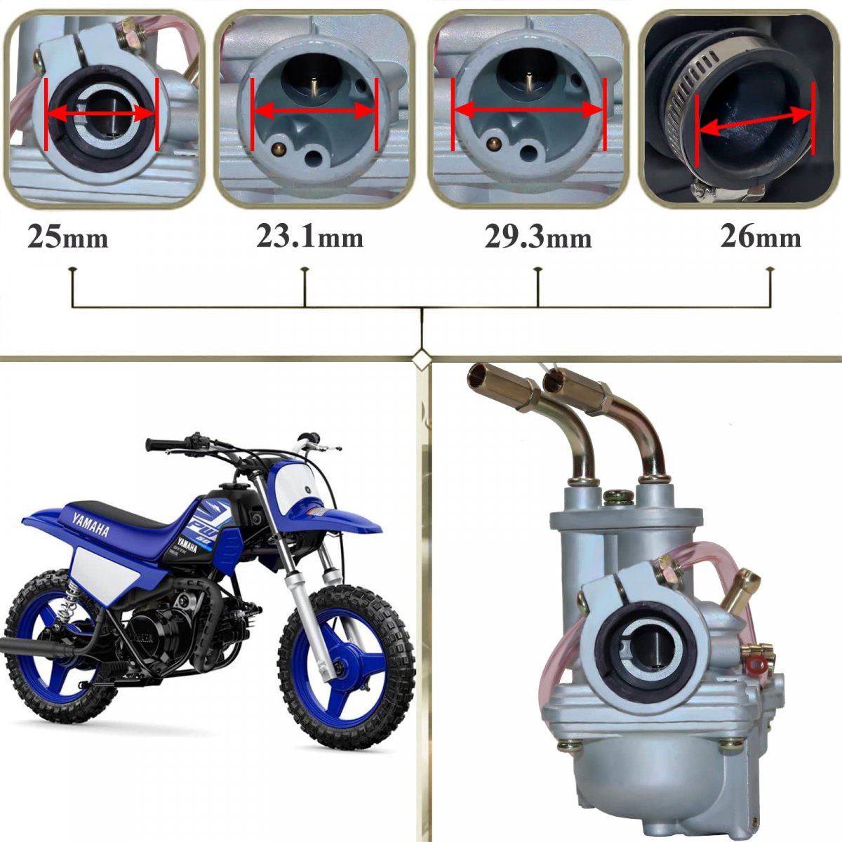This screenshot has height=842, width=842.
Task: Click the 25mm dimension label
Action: [x=68, y=238]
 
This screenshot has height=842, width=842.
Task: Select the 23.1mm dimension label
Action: [x=310, y=237]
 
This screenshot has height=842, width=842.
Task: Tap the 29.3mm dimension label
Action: [x=538, y=238]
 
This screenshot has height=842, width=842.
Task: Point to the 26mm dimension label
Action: [x=761, y=237]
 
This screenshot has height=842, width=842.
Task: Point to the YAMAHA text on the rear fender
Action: [x=91, y=524]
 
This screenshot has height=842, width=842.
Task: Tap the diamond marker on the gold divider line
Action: [x=421, y=359]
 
